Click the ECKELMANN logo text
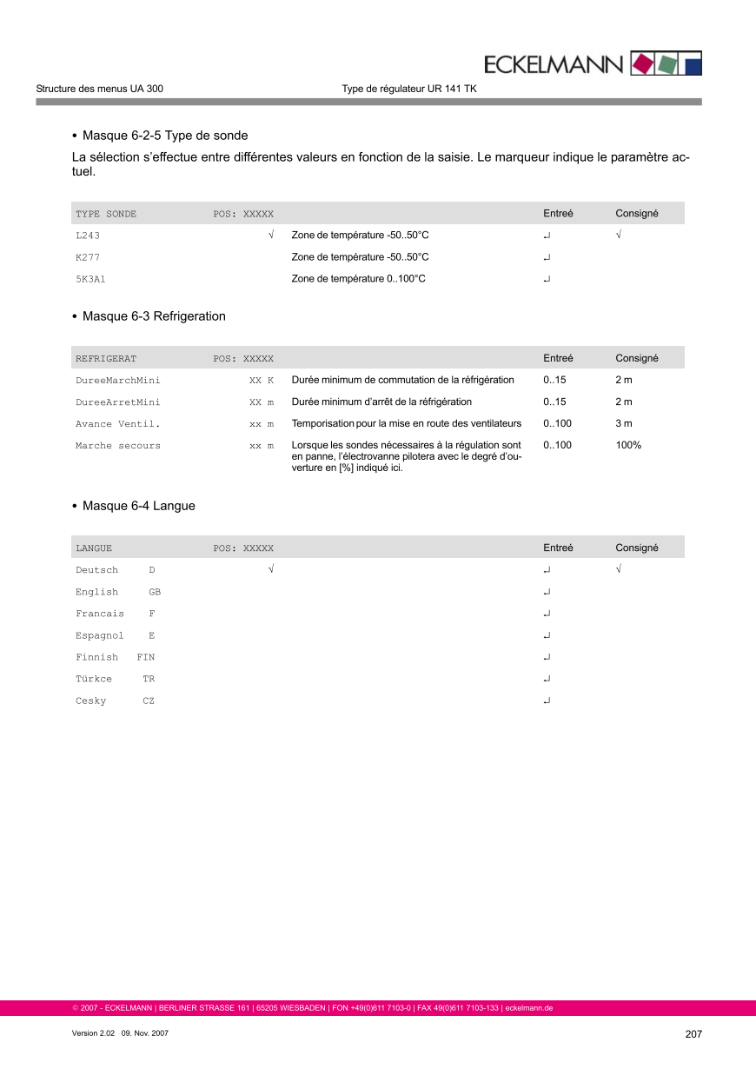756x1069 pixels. tap(553, 64)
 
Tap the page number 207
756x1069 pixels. tap(693, 1034)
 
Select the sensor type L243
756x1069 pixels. tap(88, 236)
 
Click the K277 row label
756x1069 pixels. tap(88, 257)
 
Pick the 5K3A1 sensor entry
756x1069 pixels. tap(90, 279)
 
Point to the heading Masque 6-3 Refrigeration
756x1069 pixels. tap(154, 316)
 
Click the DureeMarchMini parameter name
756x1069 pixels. tap(117, 381)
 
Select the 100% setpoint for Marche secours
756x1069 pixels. tap(628, 445)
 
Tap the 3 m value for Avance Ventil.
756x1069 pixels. tap(623, 423)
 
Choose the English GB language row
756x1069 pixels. tap(117, 592)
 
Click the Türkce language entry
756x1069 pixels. tap(94, 679)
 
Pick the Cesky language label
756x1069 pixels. tap(90, 700)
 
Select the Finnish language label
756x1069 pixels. tap(96, 657)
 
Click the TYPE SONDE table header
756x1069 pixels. tap(106, 214)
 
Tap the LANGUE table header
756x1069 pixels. tap(94, 548)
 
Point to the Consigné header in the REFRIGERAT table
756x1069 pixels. tap(636, 358)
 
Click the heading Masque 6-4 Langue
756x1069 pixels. tap(138, 506)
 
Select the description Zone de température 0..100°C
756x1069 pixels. tap(358, 279)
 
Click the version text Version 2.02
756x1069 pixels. tap(94, 1034)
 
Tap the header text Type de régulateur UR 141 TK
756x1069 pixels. tap(408, 89)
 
